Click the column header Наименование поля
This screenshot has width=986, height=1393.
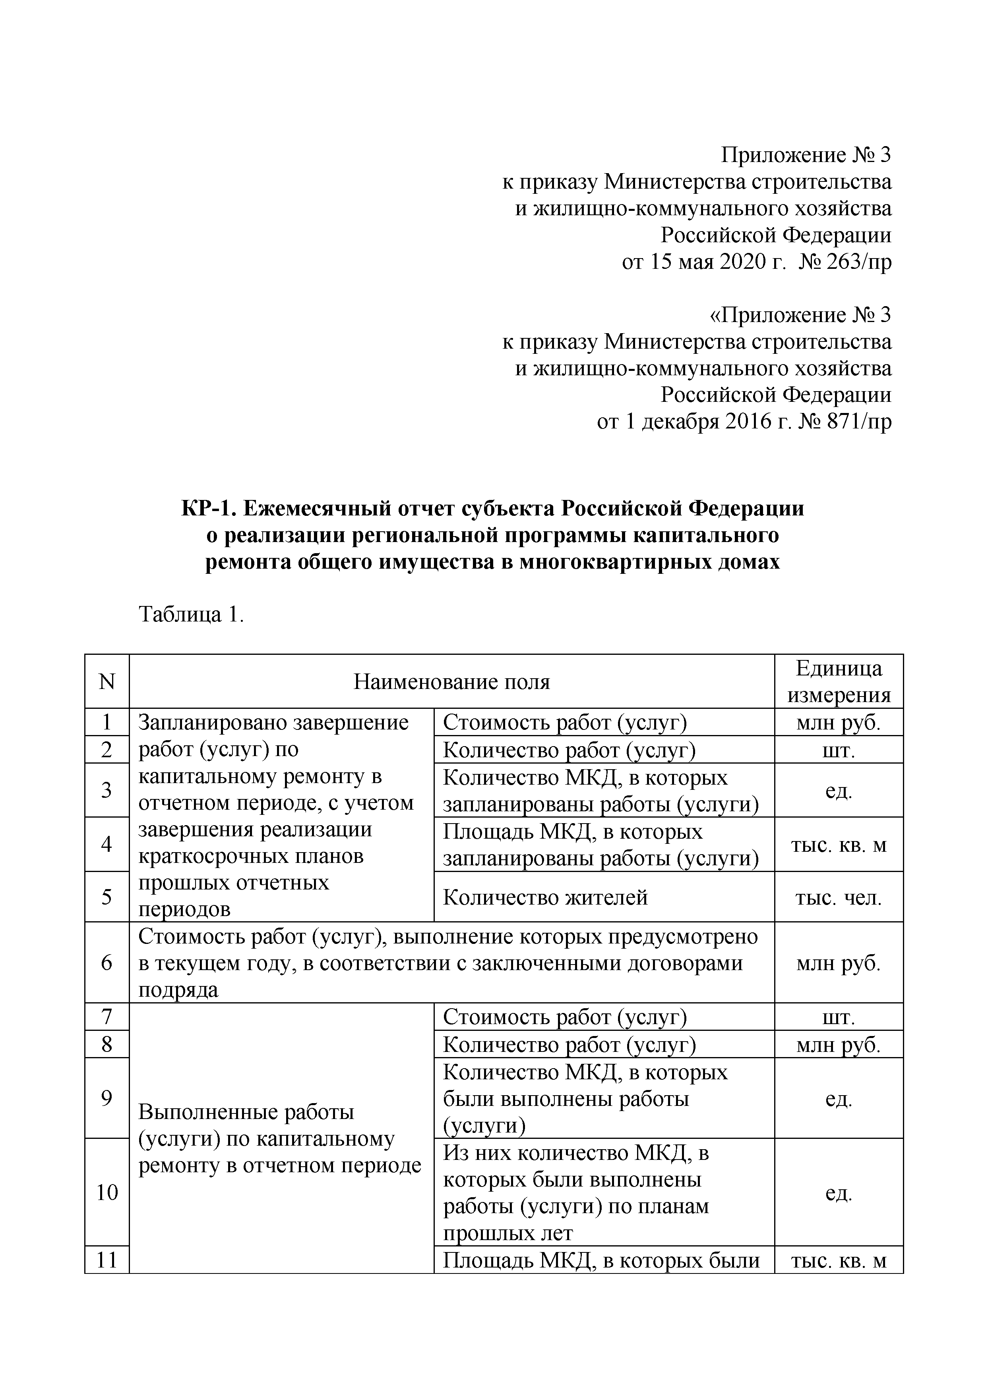click(x=452, y=682)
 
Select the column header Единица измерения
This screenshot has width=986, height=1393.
click(x=839, y=682)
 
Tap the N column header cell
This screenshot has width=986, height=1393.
click(x=107, y=682)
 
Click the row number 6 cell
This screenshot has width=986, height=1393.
click(x=107, y=963)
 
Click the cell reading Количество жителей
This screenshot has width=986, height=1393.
click(x=545, y=897)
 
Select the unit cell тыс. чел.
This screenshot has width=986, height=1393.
click(x=839, y=898)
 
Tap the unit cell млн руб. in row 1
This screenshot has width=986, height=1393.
click(x=839, y=723)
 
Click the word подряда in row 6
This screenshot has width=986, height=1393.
click(x=178, y=990)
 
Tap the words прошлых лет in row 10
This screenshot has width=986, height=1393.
click(x=508, y=1233)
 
